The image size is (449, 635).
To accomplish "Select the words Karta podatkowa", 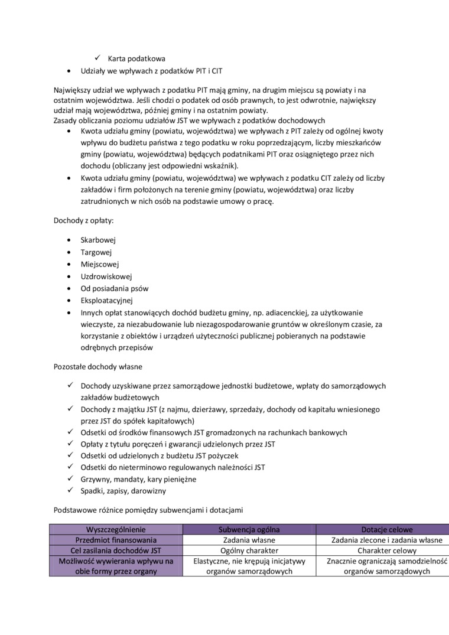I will point(136,58).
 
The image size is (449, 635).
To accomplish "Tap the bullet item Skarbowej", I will point(98,240).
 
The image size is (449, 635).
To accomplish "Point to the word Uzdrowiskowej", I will point(106,276).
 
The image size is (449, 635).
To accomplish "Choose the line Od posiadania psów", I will point(115,289).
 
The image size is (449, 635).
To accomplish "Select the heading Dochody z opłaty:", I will point(83,220).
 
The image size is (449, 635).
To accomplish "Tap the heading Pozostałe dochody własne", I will point(97,367).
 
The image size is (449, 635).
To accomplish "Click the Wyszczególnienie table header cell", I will point(116,530).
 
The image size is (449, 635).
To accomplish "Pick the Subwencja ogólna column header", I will point(249,530).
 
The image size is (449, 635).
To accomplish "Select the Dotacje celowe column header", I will point(387,530).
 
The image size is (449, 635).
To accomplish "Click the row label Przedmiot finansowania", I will point(116,540).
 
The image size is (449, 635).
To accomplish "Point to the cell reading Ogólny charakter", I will point(249,551).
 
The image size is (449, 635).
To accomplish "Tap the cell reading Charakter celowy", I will point(387,551).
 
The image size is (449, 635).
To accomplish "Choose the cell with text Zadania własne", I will point(249,540).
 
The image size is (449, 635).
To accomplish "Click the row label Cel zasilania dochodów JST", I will point(116,551).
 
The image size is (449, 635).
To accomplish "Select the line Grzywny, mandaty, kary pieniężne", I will point(138,479).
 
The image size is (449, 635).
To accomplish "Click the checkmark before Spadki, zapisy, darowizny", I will point(70,490).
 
